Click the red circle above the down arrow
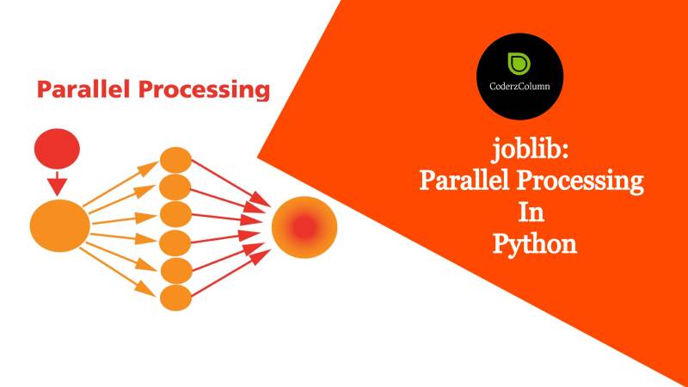tap(57, 152)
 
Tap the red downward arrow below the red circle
tap(57, 182)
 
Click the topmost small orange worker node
tap(175, 161)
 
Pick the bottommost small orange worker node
tap(175, 298)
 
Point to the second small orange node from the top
tap(175, 186)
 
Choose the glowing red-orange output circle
tap(304, 226)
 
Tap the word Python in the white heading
tap(533, 243)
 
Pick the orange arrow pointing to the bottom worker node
tap(125, 267)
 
